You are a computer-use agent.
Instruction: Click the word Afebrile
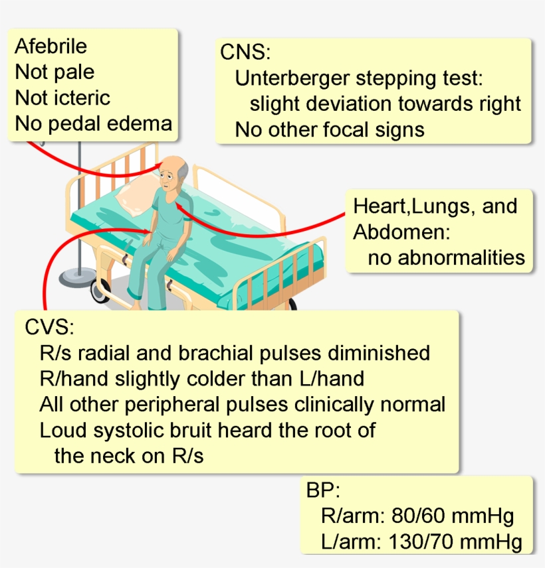tap(51, 46)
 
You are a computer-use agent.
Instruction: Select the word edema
tap(142, 123)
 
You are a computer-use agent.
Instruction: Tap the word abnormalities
tap(446, 257)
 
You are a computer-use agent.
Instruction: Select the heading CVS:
tap(49, 327)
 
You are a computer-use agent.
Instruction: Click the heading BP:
tap(323, 492)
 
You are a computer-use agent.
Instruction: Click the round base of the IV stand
tap(78, 275)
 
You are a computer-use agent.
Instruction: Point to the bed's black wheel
tap(102, 292)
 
